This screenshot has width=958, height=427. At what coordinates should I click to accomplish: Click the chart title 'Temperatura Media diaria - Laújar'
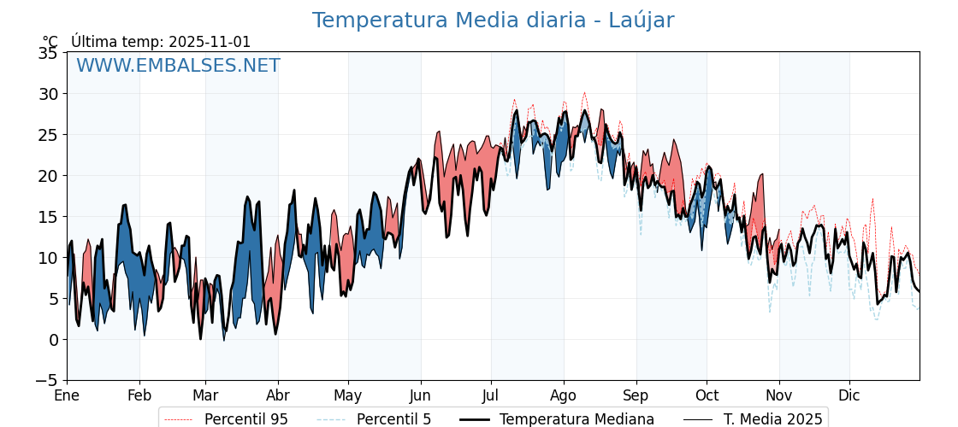point(493,20)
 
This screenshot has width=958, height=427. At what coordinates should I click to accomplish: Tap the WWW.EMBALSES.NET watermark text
point(178,66)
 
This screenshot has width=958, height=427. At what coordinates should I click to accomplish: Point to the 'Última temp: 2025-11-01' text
point(161,42)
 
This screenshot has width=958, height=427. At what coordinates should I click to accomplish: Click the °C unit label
point(50,42)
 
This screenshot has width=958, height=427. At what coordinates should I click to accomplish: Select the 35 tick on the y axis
point(48,53)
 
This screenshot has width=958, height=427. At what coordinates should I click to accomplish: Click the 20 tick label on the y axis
point(48,176)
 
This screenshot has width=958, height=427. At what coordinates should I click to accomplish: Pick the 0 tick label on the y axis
point(53,340)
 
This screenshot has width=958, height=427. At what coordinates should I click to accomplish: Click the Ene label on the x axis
point(67,395)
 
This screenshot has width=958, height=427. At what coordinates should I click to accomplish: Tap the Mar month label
point(205,395)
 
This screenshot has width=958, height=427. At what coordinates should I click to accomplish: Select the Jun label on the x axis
point(421,395)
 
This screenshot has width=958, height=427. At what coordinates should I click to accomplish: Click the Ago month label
point(564,395)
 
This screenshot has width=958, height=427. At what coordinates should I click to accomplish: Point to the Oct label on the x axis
point(707,395)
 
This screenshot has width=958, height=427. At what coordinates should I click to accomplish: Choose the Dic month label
point(849,395)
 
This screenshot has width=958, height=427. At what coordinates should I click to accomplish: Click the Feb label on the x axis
point(139,395)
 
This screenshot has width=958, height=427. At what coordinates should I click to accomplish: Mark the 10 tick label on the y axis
point(48,258)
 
